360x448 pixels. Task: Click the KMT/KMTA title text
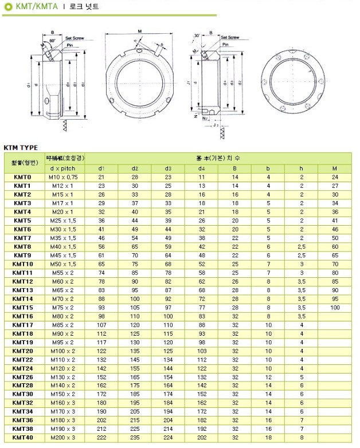(33, 7)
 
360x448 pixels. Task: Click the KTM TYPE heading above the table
(21, 147)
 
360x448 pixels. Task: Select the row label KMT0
(22, 178)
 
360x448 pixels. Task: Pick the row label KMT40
(22, 437)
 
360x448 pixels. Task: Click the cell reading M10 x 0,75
(63, 178)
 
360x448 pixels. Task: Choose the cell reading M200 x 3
(63, 437)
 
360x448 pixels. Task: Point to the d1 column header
(101, 168)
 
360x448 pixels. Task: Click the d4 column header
(202, 168)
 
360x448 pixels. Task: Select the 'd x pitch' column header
(63, 168)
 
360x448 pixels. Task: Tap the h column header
(302, 168)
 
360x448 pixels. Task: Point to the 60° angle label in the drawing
(52, 42)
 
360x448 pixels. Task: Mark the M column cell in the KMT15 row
(335, 307)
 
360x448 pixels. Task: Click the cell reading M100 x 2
(63, 351)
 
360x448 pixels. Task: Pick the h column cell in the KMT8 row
(302, 246)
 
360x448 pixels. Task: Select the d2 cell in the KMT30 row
(135, 394)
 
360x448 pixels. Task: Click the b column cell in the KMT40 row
(268, 437)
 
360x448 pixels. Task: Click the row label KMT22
(22, 359)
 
